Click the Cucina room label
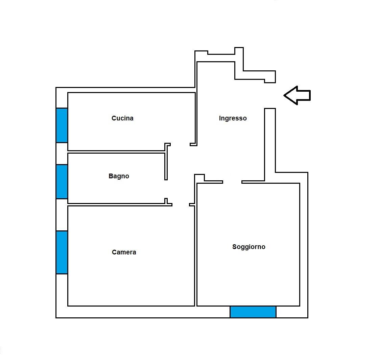pyautogui.click(x=122, y=118)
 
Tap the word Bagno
pyautogui.click(x=119, y=176)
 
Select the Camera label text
pyautogui.click(x=124, y=252)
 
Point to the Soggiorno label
pyautogui.click(x=249, y=247)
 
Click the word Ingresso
pyautogui.click(x=233, y=118)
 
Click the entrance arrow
pyautogui.click(x=297, y=95)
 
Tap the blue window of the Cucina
pyautogui.click(x=62, y=125)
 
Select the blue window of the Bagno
pyautogui.click(x=62, y=182)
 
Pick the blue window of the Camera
pyautogui.click(x=62, y=252)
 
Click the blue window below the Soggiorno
pyautogui.click(x=253, y=312)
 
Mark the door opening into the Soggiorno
pyautogui.click(x=232, y=182)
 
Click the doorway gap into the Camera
pyautogui.click(x=181, y=205)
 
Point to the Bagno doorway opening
pyautogui.click(x=166, y=189)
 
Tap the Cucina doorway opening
pyautogui.click(x=180, y=145)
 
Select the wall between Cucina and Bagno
pyautogui.click(x=116, y=152)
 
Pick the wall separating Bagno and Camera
pyautogui.click(x=116, y=205)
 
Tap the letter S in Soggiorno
pyautogui.click(x=234, y=247)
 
